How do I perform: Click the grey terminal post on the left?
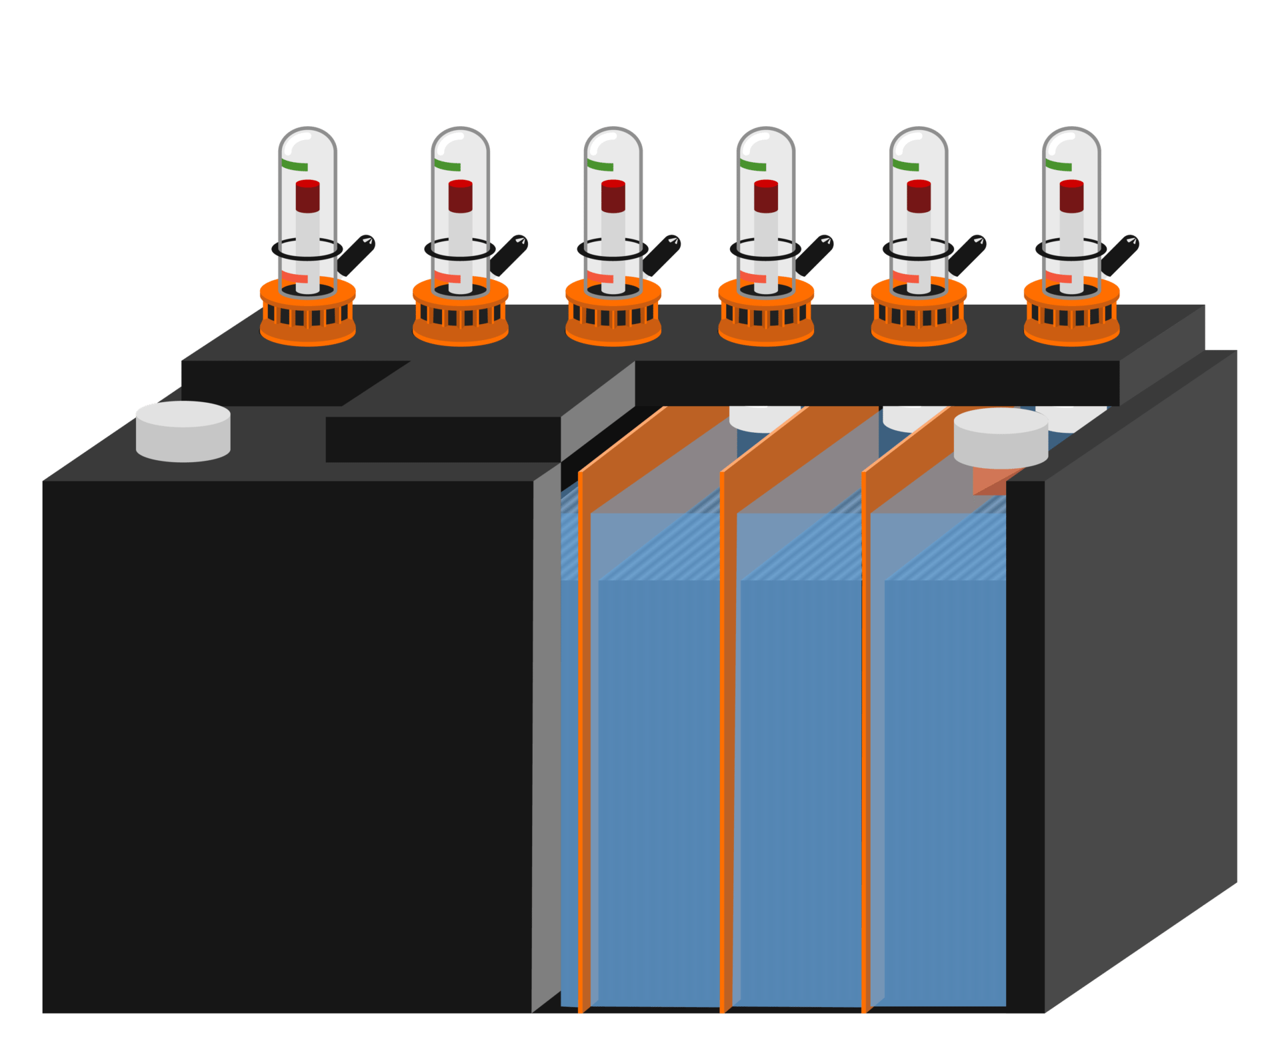point(183,431)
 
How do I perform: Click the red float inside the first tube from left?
point(307,196)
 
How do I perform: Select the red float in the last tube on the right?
point(1071,196)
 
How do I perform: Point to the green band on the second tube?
point(447,164)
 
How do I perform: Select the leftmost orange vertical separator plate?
point(584,734)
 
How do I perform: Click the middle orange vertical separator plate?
point(726,734)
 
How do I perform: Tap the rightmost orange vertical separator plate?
point(867,734)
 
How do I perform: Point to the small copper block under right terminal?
point(989,481)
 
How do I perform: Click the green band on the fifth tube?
point(905,164)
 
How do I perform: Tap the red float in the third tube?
point(613,196)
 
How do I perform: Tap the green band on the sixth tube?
point(1058,164)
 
